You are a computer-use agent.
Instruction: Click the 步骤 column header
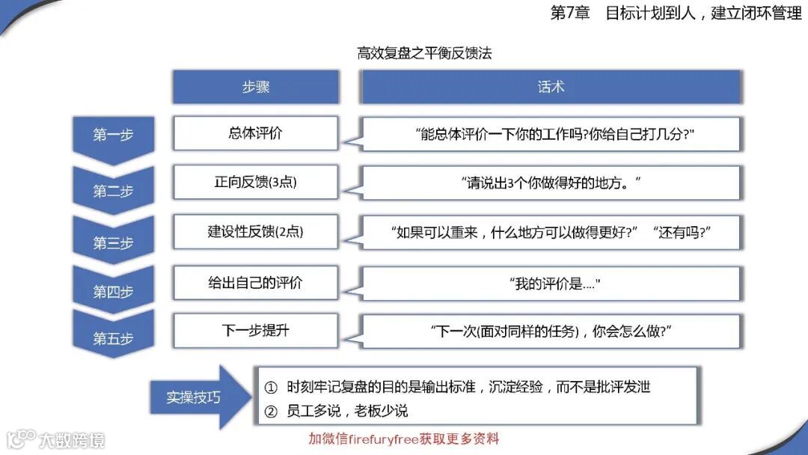(255, 87)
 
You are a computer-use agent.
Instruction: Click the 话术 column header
(551, 87)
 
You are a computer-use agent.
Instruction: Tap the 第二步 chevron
(113, 190)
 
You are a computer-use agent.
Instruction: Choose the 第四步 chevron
(113, 291)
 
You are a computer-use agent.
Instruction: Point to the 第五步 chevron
(113, 338)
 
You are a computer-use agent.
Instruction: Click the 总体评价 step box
(255, 133)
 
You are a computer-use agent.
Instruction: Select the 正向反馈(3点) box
(255, 182)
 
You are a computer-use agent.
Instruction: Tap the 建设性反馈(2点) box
(255, 232)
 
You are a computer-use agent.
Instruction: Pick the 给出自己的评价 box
(255, 283)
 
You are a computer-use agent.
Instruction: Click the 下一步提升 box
(255, 330)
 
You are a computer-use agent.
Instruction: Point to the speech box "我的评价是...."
(552, 284)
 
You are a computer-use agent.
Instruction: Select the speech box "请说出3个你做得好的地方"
(552, 183)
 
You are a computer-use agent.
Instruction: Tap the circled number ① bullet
(272, 388)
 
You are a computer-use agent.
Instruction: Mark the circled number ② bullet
(272, 411)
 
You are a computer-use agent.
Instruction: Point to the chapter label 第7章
(570, 13)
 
